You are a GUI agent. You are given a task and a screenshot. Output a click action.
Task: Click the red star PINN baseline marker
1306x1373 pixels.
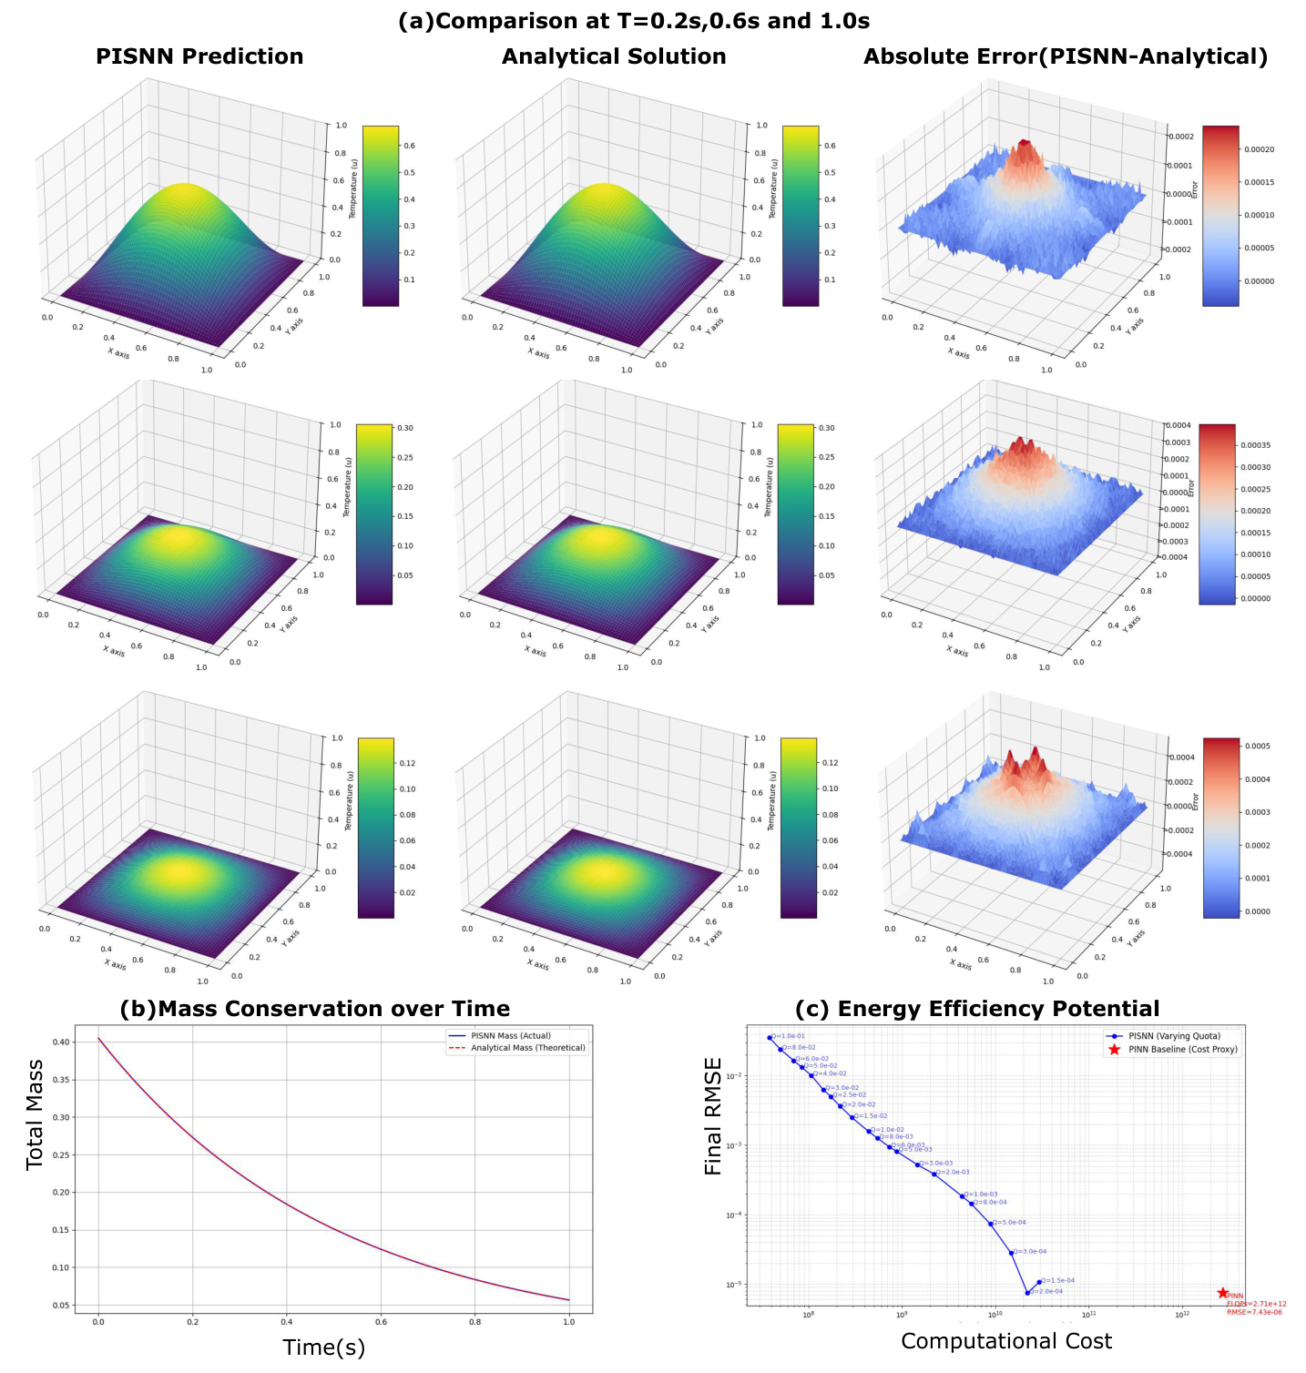click(1222, 1293)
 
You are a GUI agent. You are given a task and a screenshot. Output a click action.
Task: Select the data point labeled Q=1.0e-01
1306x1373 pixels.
click(770, 1037)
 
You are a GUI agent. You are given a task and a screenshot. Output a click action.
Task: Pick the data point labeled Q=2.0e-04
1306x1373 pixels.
click(1027, 1293)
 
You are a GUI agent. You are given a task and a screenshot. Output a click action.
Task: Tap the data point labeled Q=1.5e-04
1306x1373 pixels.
click(1039, 1282)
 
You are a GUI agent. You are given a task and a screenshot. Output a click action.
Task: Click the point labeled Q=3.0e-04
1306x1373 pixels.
click(1012, 1253)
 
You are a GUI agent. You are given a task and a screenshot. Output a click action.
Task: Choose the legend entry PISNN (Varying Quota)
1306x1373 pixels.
click(1174, 1036)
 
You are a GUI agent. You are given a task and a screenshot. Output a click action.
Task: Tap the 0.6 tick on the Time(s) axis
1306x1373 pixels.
click(381, 1322)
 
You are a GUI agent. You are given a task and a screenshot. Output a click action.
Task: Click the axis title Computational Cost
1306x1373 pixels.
click(1006, 1341)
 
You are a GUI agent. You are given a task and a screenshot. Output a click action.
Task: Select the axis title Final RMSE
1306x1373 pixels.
click(713, 1116)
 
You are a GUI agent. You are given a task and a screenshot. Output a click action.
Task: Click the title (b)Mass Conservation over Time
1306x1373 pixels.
click(314, 1009)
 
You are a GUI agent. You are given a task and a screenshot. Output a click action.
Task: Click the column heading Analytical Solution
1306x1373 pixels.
click(614, 56)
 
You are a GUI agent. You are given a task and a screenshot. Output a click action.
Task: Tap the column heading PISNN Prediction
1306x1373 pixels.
click(199, 56)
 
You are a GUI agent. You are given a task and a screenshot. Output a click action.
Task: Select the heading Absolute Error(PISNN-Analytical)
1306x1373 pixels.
click(1066, 56)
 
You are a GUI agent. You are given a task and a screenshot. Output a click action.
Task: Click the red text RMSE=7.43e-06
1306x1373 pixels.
click(1254, 1312)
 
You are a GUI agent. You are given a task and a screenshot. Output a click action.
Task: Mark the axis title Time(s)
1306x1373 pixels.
click(323, 1348)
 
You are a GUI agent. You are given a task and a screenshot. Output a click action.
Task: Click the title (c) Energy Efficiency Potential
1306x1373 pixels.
click(977, 1009)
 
